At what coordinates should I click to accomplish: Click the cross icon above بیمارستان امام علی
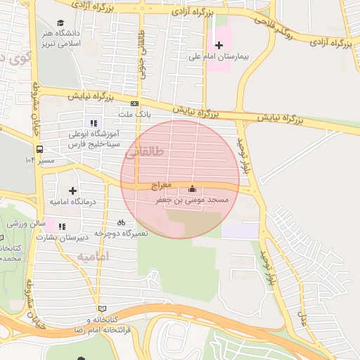(x=219, y=46)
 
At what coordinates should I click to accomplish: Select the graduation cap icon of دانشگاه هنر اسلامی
(x=60, y=23)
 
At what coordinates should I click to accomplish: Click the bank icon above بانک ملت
(x=134, y=103)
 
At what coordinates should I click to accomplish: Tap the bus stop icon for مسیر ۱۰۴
(x=39, y=149)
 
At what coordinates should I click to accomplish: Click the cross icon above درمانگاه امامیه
(x=72, y=191)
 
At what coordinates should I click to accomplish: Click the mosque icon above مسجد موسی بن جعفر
(x=193, y=189)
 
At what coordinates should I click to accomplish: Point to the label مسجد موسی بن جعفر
(x=193, y=200)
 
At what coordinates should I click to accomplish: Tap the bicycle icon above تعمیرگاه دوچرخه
(x=121, y=223)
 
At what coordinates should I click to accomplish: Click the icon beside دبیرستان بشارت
(x=62, y=226)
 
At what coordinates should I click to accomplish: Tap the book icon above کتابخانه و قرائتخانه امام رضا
(x=103, y=309)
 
